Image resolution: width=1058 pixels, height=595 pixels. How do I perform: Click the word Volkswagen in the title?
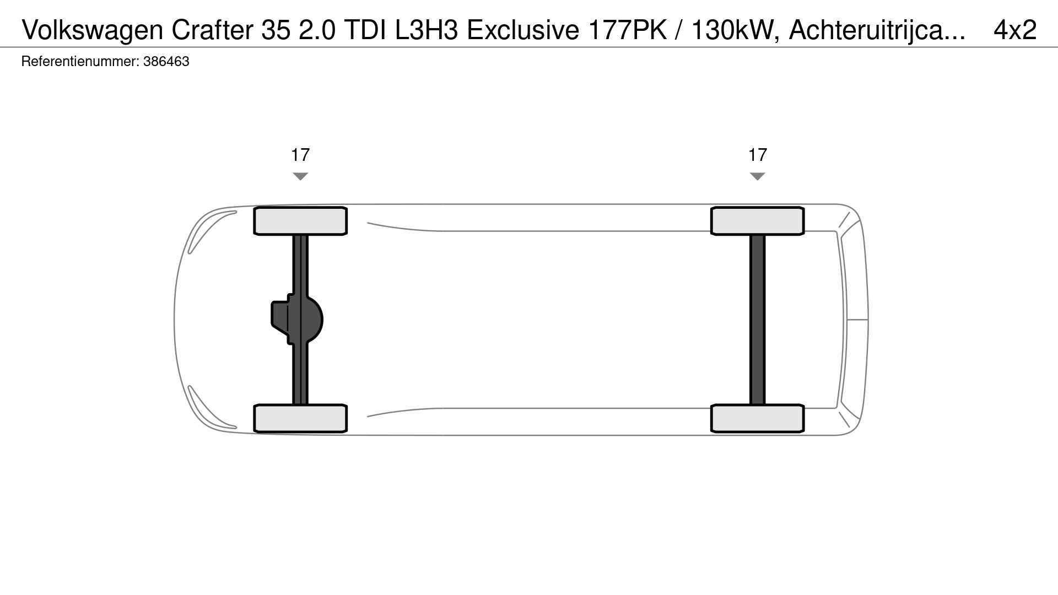click(93, 31)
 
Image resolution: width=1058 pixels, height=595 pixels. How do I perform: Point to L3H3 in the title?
click(427, 30)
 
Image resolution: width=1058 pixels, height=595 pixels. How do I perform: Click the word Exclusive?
click(523, 30)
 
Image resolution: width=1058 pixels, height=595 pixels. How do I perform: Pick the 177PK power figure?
click(628, 30)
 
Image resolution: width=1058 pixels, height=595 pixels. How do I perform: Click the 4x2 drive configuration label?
click(1015, 30)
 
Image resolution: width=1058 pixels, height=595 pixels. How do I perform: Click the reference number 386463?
click(166, 61)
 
